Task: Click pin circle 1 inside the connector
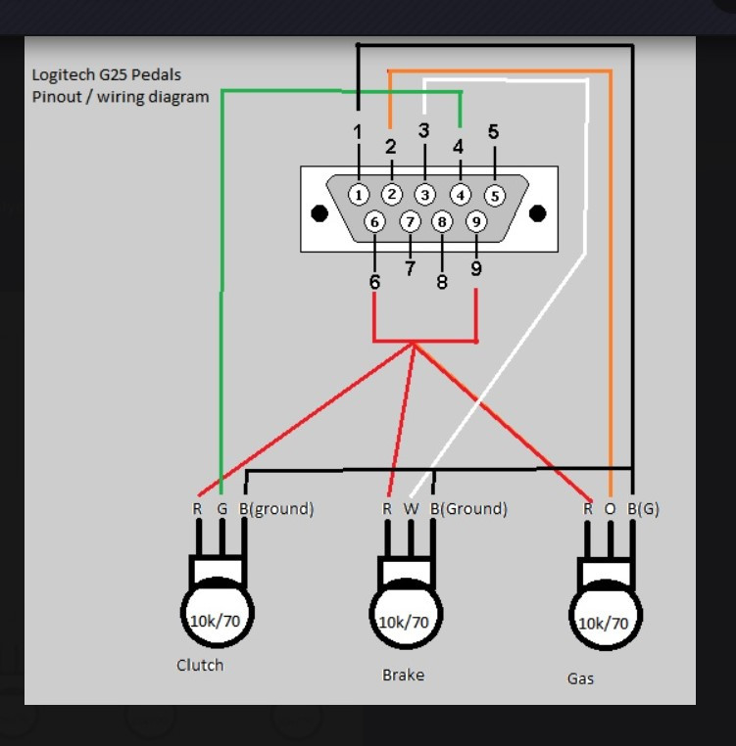[x=360, y=194]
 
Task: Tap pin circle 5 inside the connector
[x=494, y=195]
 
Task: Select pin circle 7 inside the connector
[x=410, y=222]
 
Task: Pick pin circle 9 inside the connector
[x=475, y=222]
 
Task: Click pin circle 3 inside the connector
[x=424, y=195]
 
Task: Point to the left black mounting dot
[x=319, y=213]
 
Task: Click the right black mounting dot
[x=537, y=213]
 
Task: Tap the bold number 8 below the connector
[x=442, y=281]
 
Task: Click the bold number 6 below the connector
[x=374, y=281]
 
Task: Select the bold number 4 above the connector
[x=458, y=147]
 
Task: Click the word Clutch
[x=200, y=665]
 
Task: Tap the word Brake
[x=403, y=675]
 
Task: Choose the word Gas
[x=580, y=677]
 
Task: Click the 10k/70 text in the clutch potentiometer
[x=215, y=620]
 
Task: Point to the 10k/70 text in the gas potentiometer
[x=604, y=623]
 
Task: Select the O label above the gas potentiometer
[x=610, y=509]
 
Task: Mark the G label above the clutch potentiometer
[x=221, y=509]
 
